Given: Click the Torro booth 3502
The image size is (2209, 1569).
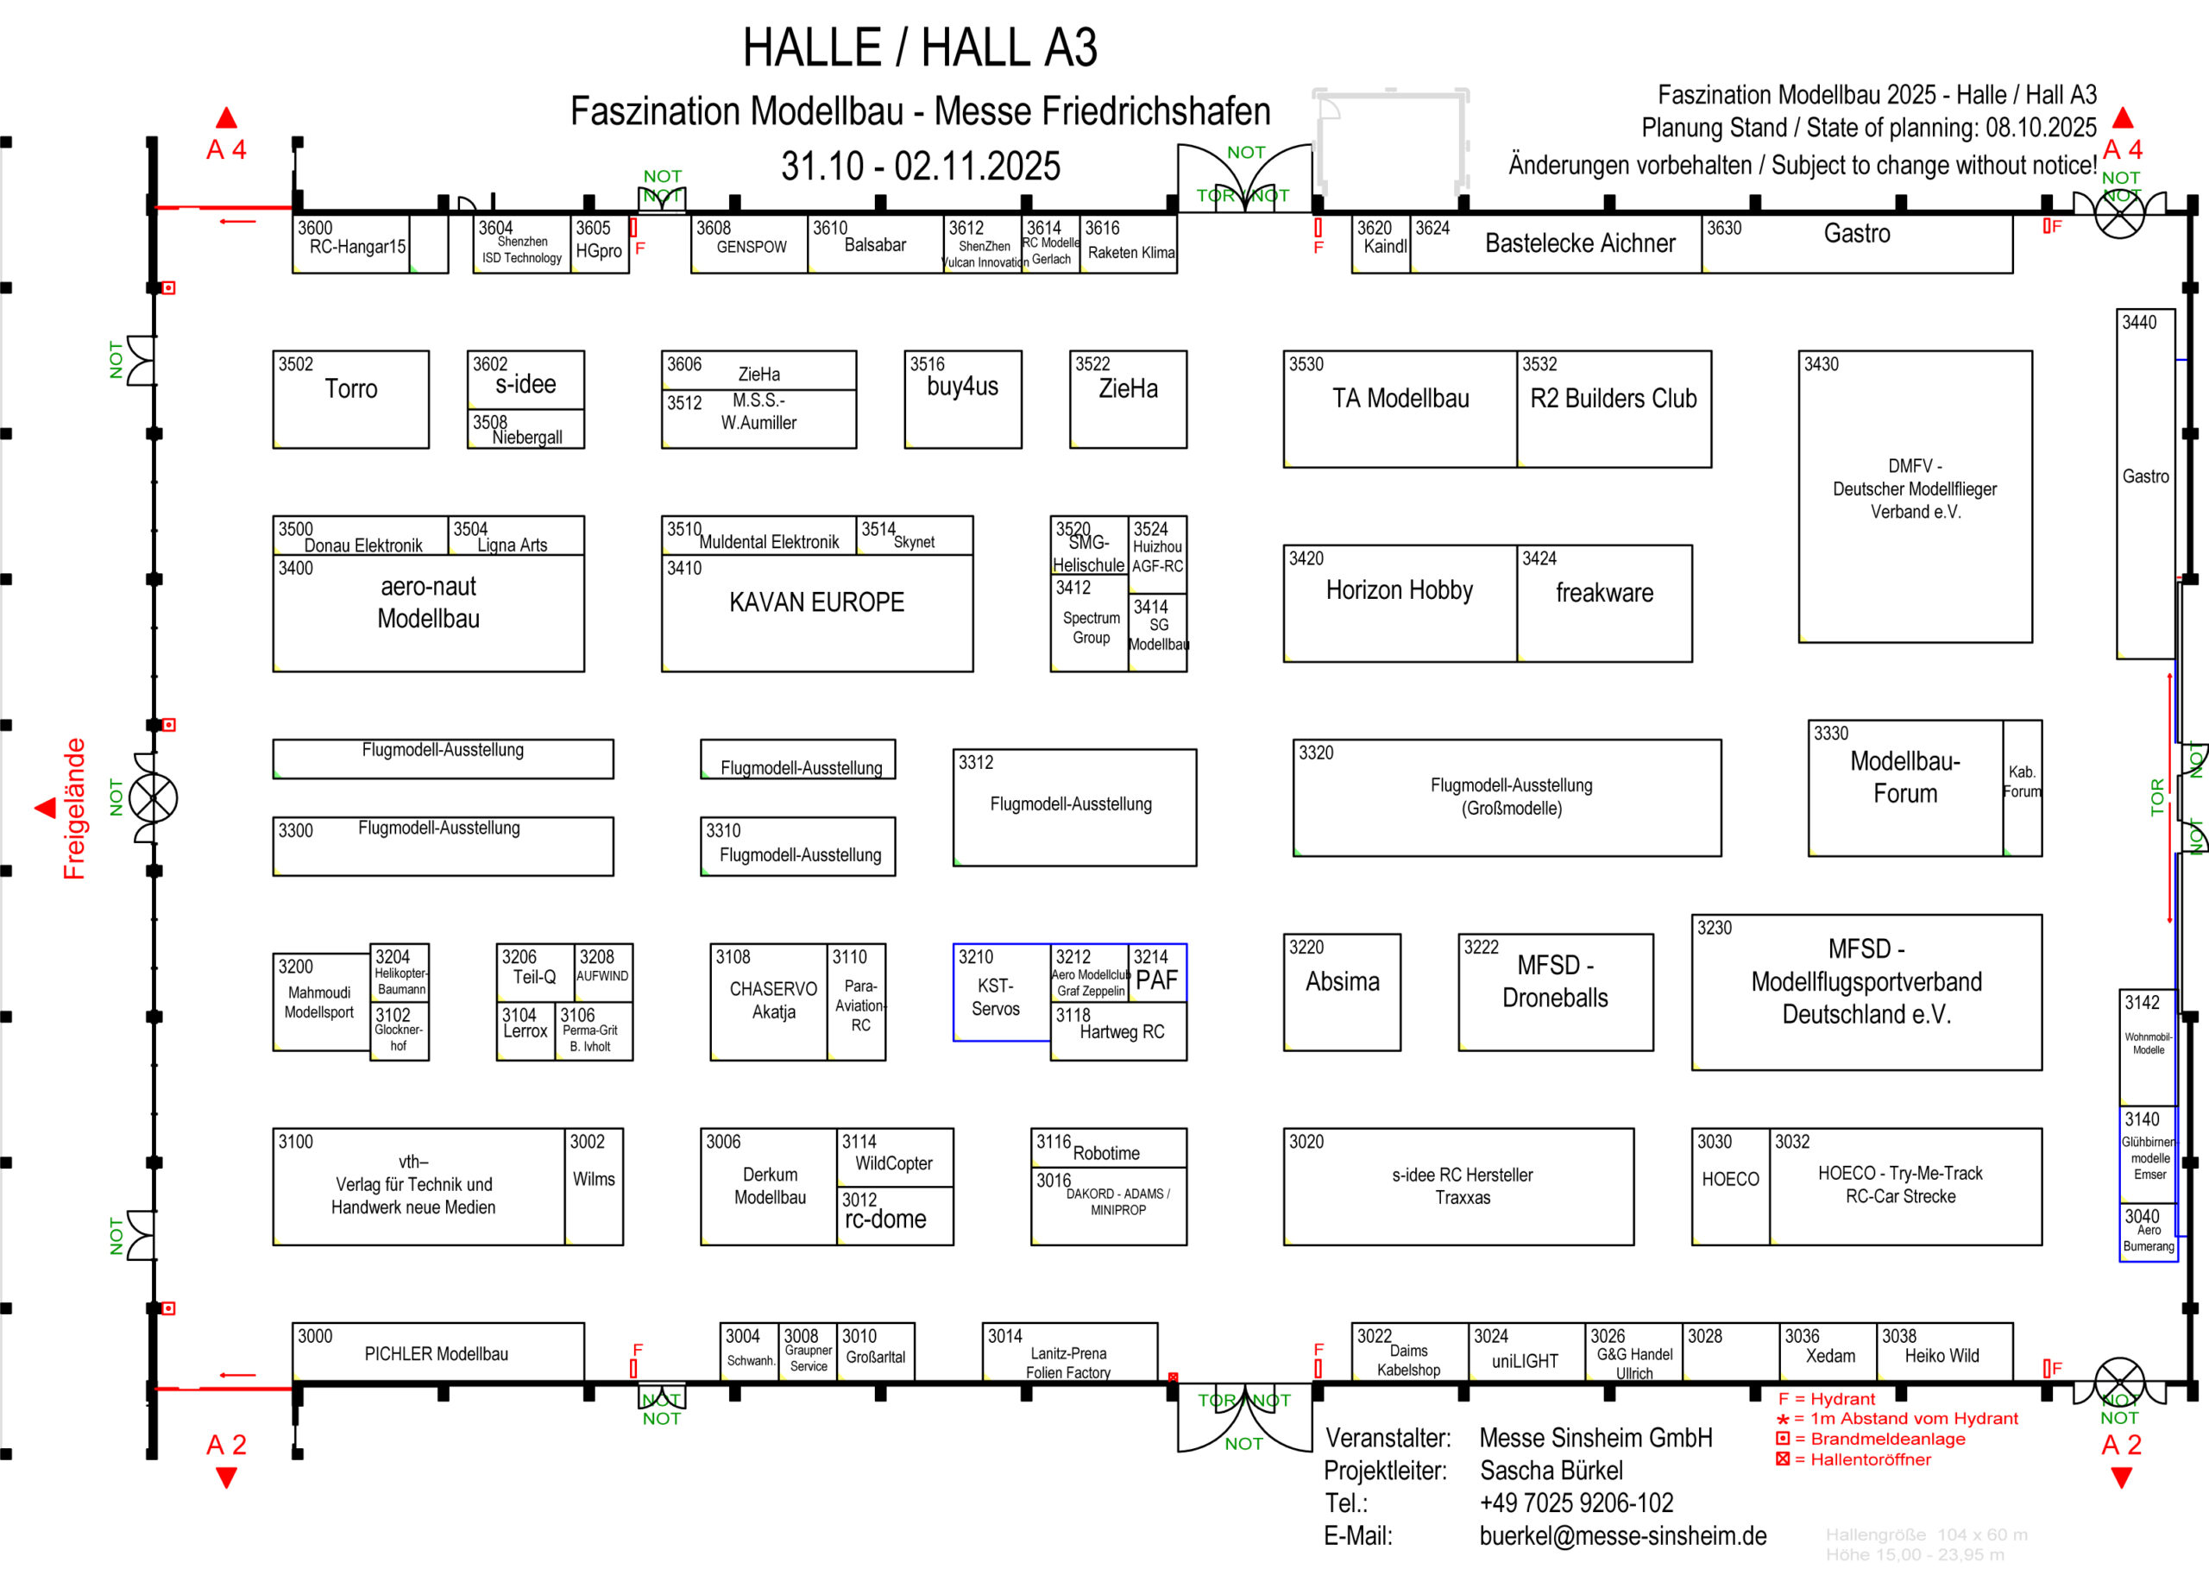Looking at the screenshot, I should tap(350, 399).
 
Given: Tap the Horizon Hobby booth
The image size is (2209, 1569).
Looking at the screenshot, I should tap(1400, 603).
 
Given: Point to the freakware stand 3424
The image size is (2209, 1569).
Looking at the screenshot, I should tap(1604, 603).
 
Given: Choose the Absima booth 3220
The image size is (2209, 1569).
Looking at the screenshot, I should tap(1342, 992).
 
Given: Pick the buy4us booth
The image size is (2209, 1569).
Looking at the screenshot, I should tap(962, 399).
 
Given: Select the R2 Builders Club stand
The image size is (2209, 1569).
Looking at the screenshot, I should tap(1613, 409).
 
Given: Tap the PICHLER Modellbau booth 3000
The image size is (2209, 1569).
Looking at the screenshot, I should tap(437, 1352).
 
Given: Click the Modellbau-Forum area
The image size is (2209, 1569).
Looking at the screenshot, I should tap(1904, 787).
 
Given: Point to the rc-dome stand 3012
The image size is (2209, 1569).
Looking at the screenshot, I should tap(895, 1216).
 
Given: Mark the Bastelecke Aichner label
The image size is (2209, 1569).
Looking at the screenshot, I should tap(1580, 243).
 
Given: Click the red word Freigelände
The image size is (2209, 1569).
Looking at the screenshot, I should tap(74, 809).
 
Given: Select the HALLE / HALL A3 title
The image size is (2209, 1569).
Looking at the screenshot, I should tap(920, 47).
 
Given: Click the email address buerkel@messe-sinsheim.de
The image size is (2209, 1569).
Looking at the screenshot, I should tap(1623, 1535).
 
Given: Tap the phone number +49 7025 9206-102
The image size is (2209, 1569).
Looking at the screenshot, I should tap(1577, 1503).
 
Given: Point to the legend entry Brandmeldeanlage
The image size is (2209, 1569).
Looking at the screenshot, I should tap(1886, 1439).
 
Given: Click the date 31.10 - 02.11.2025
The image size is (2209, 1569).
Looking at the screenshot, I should tap(921, 167).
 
